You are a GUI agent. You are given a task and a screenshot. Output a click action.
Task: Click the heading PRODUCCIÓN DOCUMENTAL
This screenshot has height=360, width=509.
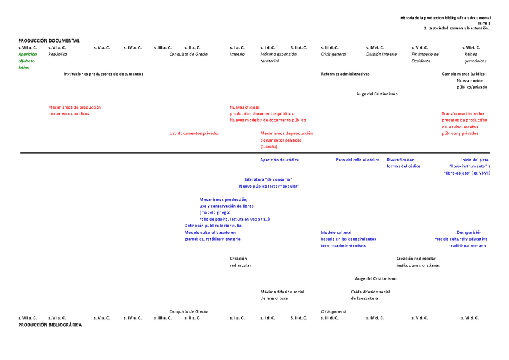49,40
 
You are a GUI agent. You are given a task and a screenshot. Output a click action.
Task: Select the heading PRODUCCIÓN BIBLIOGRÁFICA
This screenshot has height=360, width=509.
50,325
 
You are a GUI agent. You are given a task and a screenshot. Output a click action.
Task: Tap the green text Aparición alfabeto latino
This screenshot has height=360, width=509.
27,61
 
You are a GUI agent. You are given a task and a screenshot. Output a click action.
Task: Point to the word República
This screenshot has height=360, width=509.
58,54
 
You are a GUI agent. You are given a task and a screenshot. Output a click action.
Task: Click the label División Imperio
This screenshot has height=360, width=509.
381,54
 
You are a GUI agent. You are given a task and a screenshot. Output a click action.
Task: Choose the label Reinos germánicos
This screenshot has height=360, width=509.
475,58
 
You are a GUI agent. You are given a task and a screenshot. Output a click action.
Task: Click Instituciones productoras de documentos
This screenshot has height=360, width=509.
103,74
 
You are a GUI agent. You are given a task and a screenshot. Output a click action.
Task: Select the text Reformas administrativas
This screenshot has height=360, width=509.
345,74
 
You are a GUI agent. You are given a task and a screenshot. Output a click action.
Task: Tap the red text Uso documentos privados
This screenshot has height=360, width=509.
194,133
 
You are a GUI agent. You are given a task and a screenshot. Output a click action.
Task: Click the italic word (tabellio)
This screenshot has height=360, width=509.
269,146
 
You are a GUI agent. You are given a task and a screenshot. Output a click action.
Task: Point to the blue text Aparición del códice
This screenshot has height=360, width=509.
279,160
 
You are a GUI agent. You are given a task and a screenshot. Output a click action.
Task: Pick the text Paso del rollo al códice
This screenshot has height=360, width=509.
357,160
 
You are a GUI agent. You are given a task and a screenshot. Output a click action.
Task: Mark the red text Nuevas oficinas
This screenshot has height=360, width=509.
245,107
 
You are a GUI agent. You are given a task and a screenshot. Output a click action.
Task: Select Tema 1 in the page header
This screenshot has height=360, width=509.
484,23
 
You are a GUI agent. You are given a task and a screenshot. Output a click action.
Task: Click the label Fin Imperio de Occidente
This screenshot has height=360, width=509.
424,58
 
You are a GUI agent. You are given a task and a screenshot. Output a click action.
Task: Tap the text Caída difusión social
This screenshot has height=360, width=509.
370,292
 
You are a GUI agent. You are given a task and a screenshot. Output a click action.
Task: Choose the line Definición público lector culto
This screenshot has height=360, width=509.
213,226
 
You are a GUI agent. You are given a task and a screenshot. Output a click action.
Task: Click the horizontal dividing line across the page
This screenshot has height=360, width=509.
254,153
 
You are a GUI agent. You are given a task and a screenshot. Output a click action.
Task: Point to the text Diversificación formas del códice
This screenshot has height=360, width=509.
403,163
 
